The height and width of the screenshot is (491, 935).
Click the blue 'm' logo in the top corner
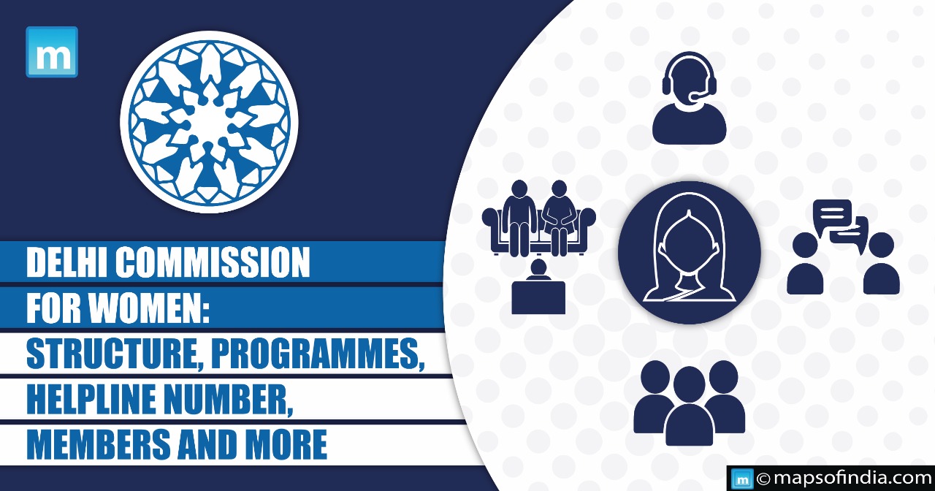(x=52, y=52)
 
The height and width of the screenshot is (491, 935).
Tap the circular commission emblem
(x=209, y=121)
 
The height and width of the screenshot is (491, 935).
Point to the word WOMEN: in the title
(x=150, y=308)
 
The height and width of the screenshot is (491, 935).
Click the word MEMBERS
(x=99, y=444)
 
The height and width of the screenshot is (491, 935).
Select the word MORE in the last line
(x=291, y=444)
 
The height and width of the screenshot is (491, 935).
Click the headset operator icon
(x=689, y=98)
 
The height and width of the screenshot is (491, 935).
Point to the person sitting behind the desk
(x=538, y=286)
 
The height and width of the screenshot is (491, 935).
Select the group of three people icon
(x=689, y=403)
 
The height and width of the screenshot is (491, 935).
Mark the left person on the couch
(x=519, y=218)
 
